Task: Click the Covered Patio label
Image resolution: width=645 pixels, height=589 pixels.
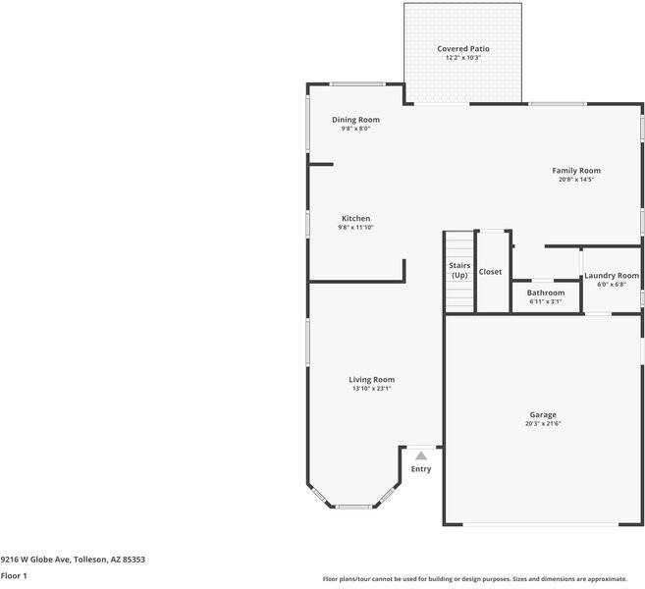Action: coord(462,48)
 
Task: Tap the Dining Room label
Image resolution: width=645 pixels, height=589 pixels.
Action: coord(355,120)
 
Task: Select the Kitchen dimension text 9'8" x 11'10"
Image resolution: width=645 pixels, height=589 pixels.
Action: coord(355,227)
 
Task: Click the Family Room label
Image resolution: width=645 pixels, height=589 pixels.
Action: coord(576,171)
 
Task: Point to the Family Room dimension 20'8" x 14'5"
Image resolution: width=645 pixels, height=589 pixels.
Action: coord(576,180)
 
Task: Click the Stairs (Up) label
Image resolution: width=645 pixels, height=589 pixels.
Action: coord(459,270)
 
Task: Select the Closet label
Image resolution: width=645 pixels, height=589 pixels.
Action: coord(490,272)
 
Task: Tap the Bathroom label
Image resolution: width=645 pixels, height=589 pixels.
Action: coord(546,293)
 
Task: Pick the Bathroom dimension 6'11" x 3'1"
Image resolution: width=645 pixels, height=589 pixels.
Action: coord(546,301)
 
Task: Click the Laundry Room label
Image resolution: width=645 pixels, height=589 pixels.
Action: coord(612,276)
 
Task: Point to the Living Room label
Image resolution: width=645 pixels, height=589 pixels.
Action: coord(372,380)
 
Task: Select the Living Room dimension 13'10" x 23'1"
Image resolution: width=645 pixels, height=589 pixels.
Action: coord(372,389)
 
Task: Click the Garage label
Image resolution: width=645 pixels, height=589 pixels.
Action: coord(543,415)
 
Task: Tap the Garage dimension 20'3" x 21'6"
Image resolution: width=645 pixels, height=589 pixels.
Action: coord(543,424)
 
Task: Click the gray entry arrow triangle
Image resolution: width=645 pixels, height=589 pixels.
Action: coord(421,455)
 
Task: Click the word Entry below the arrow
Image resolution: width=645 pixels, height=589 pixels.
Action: coord(421,469)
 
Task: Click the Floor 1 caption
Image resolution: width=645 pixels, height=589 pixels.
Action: coord(14,576)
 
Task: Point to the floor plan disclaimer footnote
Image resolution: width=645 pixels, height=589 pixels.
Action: coord(482,579)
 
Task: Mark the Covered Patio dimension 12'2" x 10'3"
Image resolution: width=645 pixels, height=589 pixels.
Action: coord(462,58)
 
